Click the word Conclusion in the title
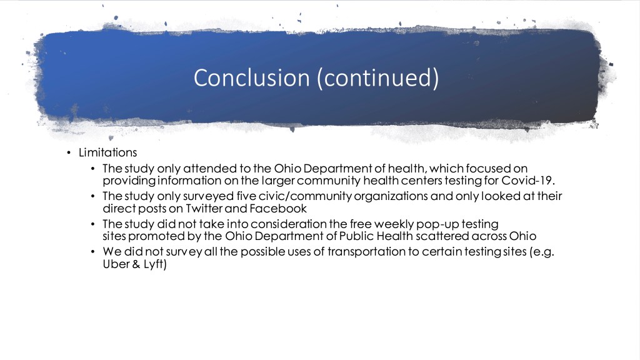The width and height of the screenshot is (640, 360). pyautogui.click(x=251, y=77)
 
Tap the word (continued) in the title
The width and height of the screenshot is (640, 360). pyautogui.click(x=378, y=78)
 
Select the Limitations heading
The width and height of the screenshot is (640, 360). pyautogui.click(x=107, y=152)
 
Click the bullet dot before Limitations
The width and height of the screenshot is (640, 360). pyautogui.click(x=69, y=153)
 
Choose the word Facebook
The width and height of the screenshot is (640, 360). pyautogui.click(x=278, y=209)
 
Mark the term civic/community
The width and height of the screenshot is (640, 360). pyautogui.click(x=305, y=196)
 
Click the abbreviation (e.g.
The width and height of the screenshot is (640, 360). pyautogui.click(x=542, y=252)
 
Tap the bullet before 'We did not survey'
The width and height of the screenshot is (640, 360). pyautogui.click(x=93, y=252)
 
